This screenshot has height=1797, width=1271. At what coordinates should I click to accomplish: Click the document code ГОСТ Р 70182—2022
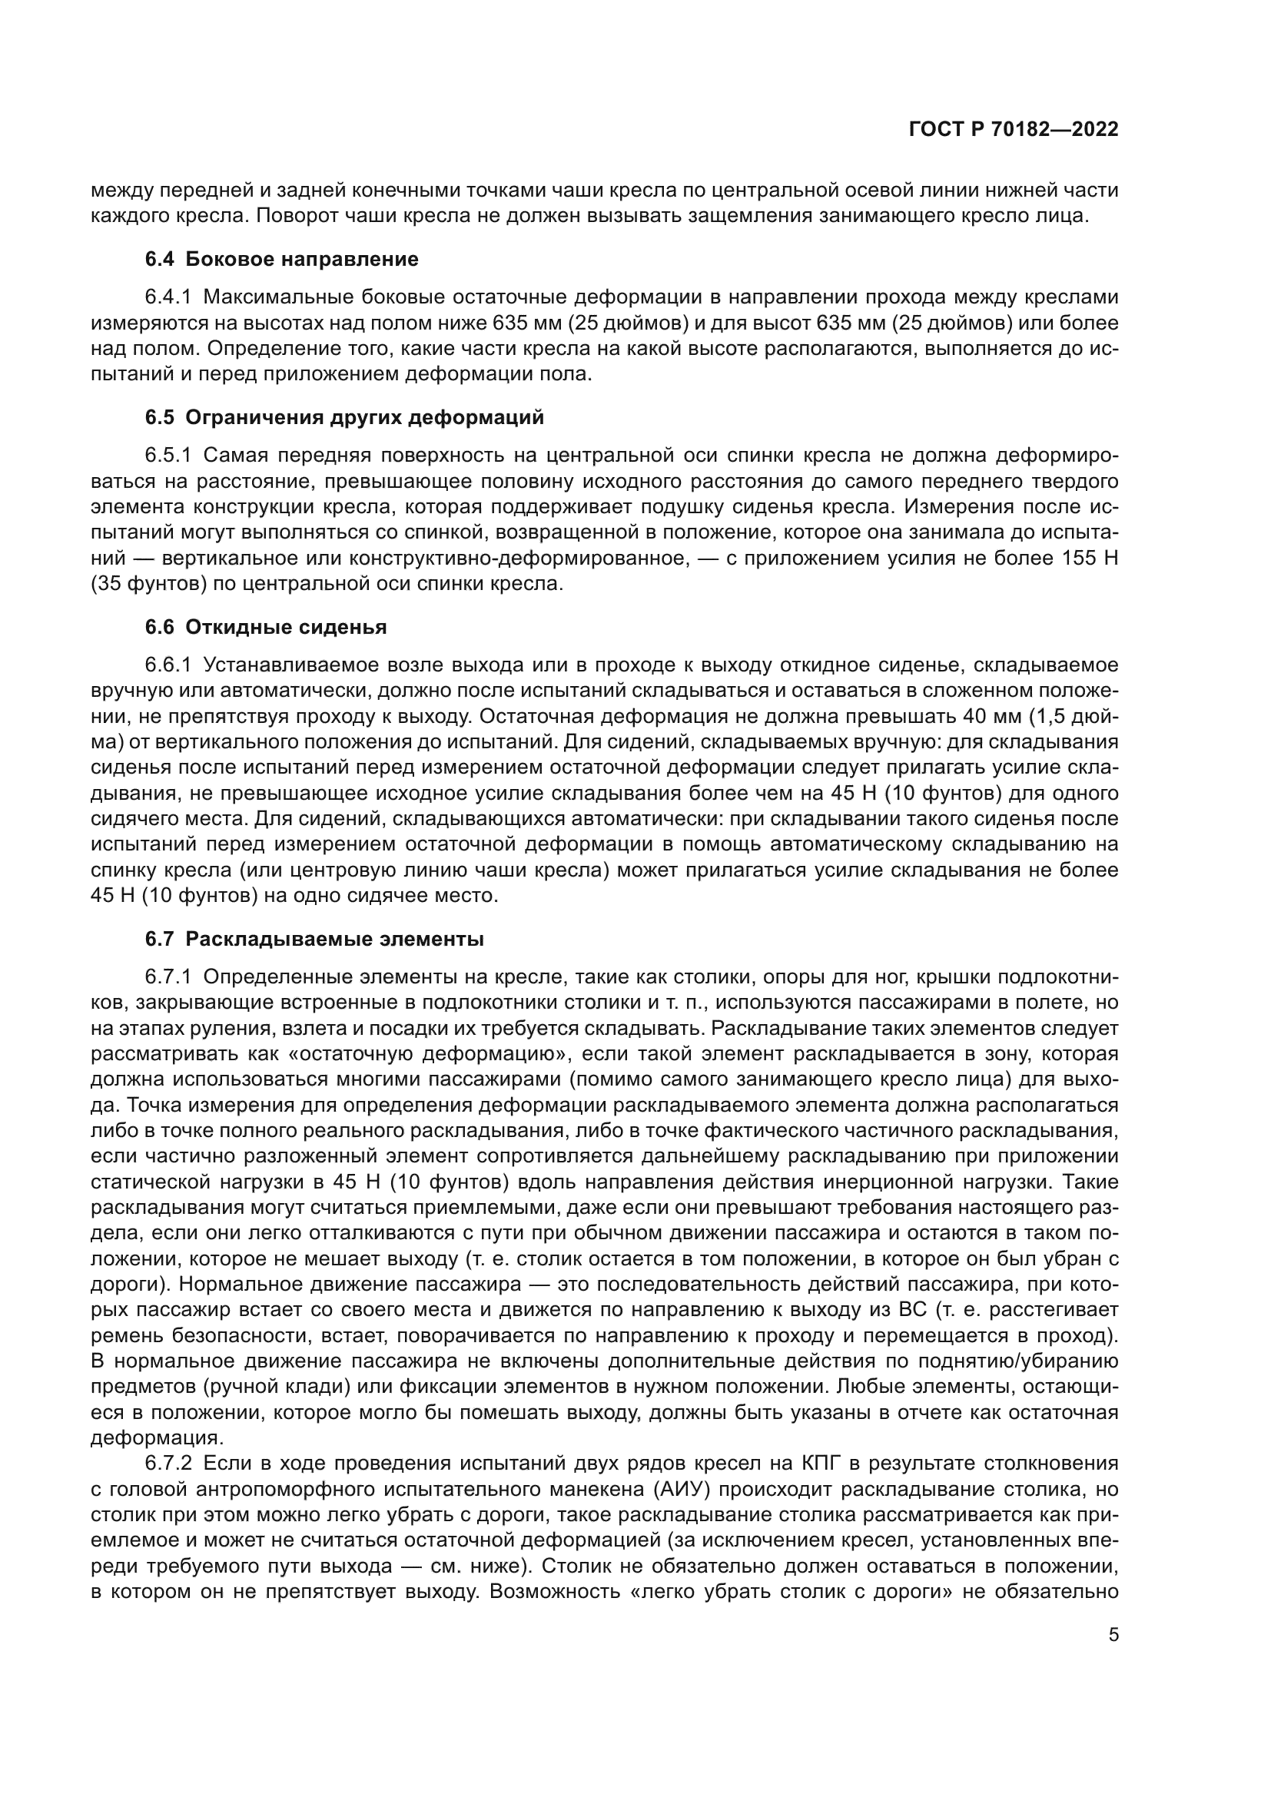click(1013, 130)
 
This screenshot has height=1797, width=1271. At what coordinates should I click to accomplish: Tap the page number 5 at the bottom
click(1113, 1656)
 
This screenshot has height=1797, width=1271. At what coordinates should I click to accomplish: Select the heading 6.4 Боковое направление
click(282, 259)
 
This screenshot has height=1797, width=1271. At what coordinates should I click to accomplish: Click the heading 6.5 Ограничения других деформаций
click(344, 417)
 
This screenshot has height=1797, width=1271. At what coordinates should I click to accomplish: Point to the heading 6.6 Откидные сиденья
click(266, 627)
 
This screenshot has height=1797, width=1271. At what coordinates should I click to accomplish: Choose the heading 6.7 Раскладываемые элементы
click(314, 938)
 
